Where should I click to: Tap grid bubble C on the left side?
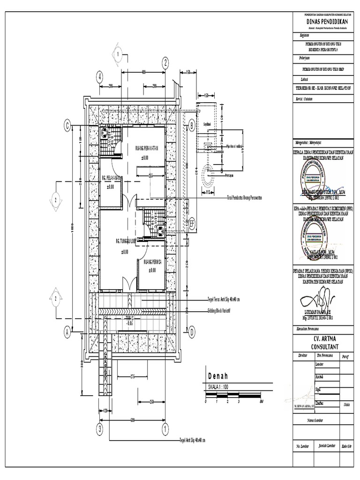(67, 125)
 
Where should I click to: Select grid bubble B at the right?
(191, 125)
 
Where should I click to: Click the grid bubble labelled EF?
(191, 224)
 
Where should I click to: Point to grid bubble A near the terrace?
(67, 332)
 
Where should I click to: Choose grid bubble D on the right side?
(191, 332)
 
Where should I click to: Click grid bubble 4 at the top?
(100, 77)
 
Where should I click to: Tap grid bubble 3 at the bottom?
(100, 428)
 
